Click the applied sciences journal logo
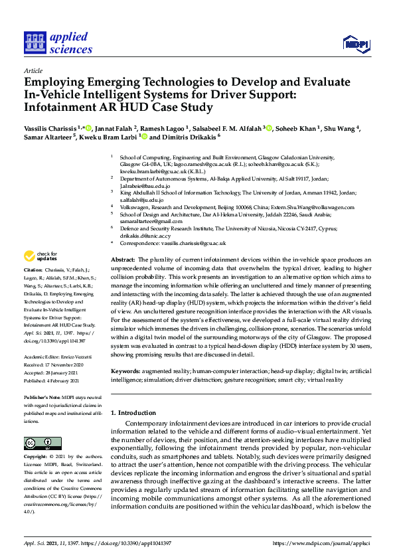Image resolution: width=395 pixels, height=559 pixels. point(58,43)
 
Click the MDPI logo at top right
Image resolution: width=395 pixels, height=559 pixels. point(355,44)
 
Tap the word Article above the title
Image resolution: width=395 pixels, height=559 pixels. point(33,71)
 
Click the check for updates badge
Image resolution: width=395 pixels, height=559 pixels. point(40,256)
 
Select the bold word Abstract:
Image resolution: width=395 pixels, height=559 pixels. point(122,259)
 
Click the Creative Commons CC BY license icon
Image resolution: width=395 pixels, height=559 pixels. point(42,443)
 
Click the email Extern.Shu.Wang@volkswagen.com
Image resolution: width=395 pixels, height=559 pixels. point(309,207)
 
